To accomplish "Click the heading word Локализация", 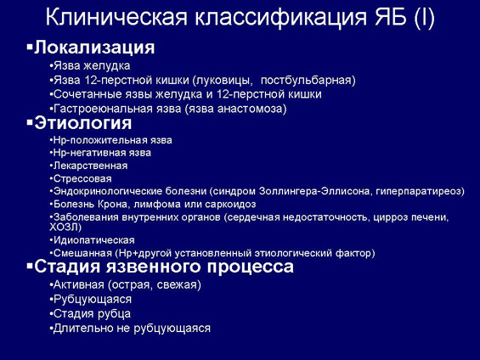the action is pyautogui.click(x=94, y=48).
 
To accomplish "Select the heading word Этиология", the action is pyautogui.click(x=83, y=123).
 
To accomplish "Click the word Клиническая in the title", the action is pyautogui.click(x=116, y=18).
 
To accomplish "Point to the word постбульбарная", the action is pyautogui.click(x=308, y=80).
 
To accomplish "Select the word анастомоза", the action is pyautogui.click(x=251, y=109).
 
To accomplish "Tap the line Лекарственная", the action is pyautogui.click(x=90, y=166).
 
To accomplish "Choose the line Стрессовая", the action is pyautogui.click(x=82, y=178).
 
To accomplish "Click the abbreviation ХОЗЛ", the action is pyautogui.click(x=64, y=228).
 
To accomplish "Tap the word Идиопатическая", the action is pyautogui.click(x=94, y=240).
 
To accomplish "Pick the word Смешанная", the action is pyautogui.click(x=82, y=253).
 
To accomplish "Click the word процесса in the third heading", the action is pyautogui.click(x=250, y=267).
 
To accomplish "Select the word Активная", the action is pyautogui.click(x=79, y=284).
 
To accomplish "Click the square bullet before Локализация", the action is pyautogui.click(x=30, y=48).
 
